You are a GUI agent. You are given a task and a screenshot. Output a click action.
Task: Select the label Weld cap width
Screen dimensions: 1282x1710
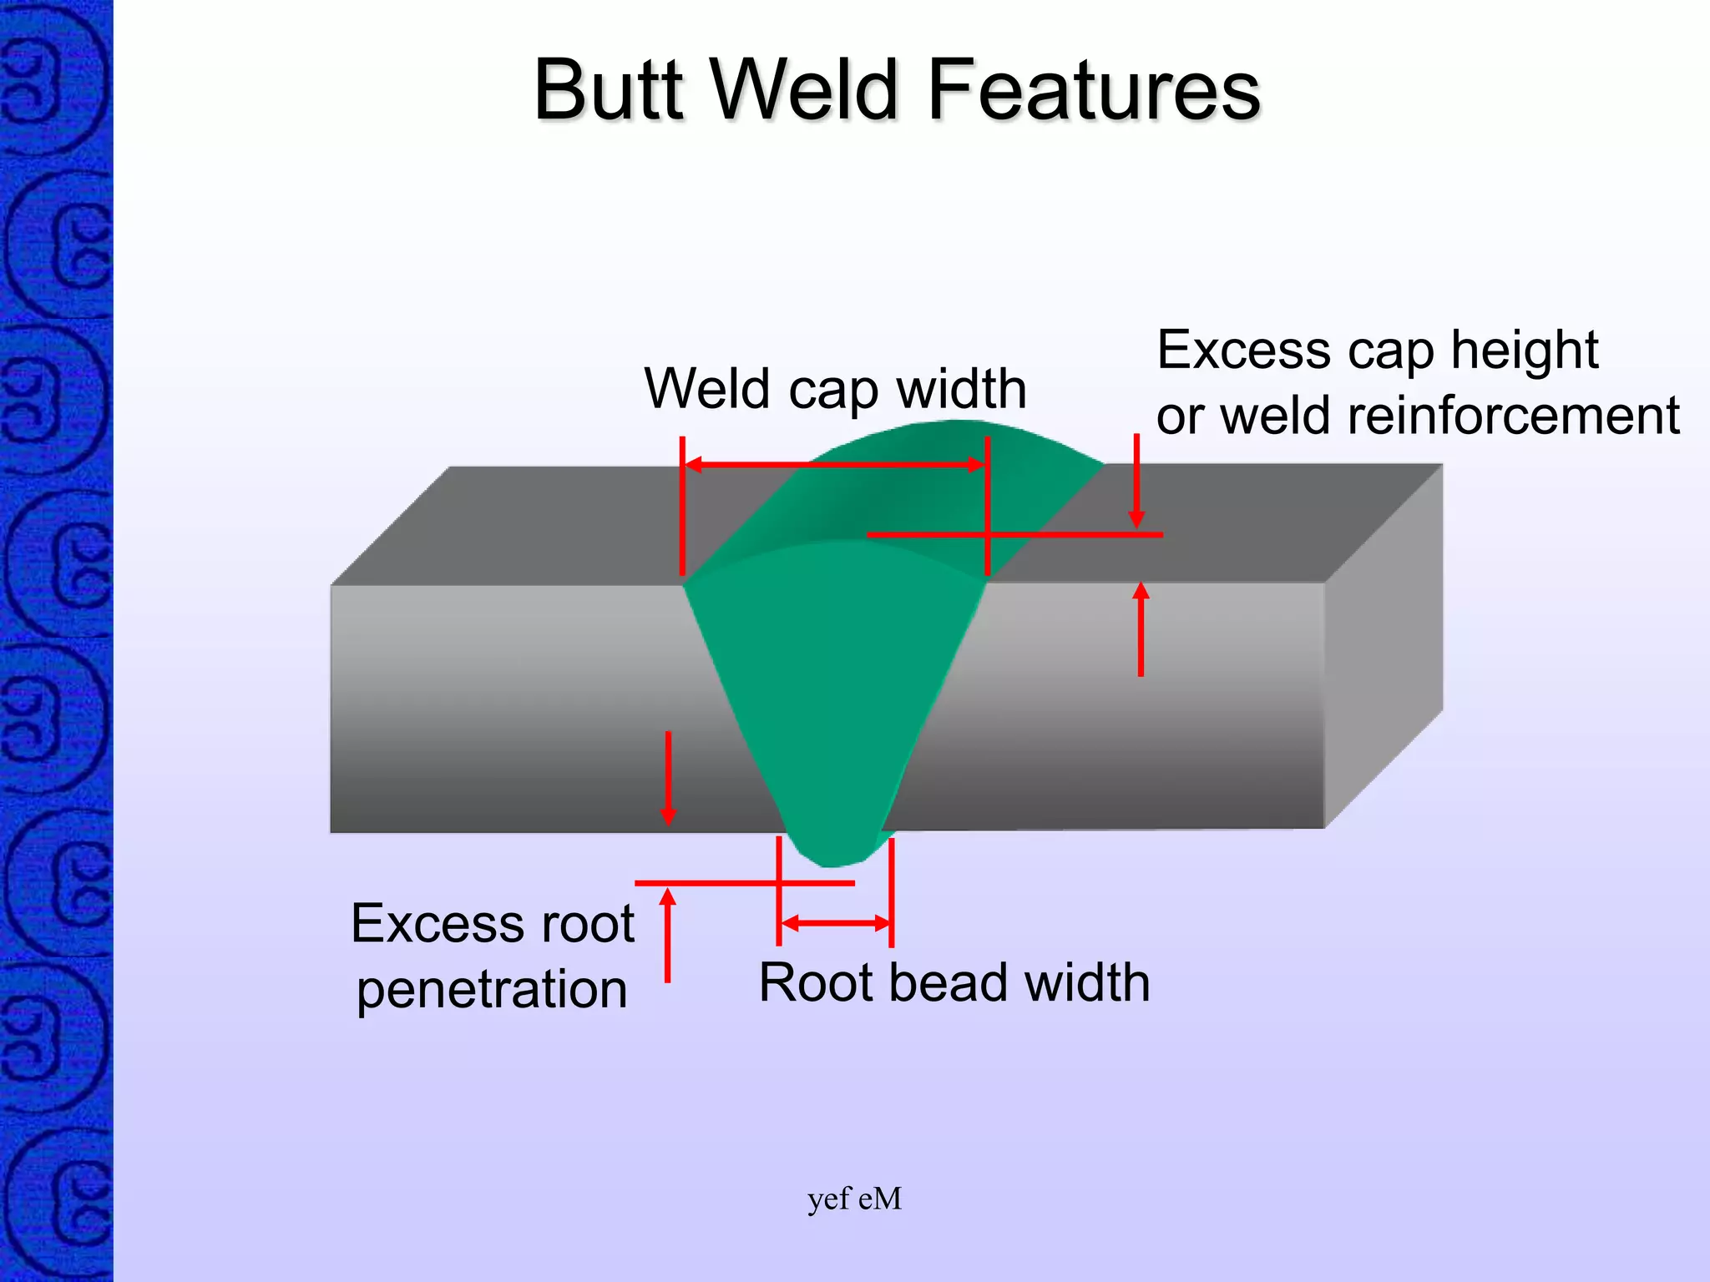tap(835, 389)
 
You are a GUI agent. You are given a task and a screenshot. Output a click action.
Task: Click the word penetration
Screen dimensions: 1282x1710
tap(492, 990)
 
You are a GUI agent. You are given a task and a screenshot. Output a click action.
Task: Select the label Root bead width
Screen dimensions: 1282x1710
tap(954, 982)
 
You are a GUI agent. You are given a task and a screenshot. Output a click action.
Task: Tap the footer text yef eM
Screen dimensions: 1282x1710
tap(854, 1199)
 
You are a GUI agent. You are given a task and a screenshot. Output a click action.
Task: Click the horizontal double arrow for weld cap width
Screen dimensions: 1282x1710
tap(835, 465)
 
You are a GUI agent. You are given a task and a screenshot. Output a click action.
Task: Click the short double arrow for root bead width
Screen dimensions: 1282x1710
tap(835, 923)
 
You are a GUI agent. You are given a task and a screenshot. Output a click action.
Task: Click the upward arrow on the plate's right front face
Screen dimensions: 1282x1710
tap(1141, 630)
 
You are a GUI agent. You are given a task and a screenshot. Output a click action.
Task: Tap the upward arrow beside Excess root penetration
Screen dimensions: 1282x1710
tap(667, 935)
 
